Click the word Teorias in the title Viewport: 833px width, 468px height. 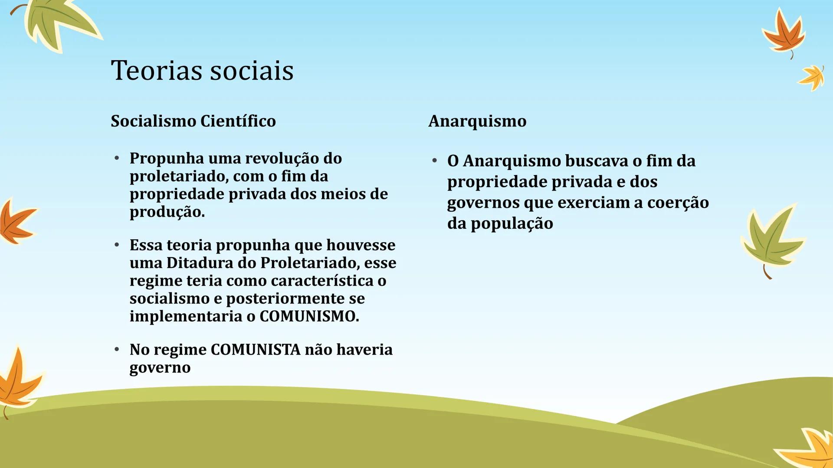click(x=154, y=70)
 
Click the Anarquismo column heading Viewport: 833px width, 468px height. click(x=477, y=121)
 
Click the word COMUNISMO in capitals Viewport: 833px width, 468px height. click(x=308, y=316)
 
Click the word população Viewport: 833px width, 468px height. click(x=512, y=224)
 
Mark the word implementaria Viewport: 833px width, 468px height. click(x=186, y=316)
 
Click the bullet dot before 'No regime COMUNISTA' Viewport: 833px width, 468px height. click(x=117, y=349)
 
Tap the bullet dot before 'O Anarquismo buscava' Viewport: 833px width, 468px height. click(x=434, y=161)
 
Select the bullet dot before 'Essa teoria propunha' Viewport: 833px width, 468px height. click(x=117, y=245)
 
